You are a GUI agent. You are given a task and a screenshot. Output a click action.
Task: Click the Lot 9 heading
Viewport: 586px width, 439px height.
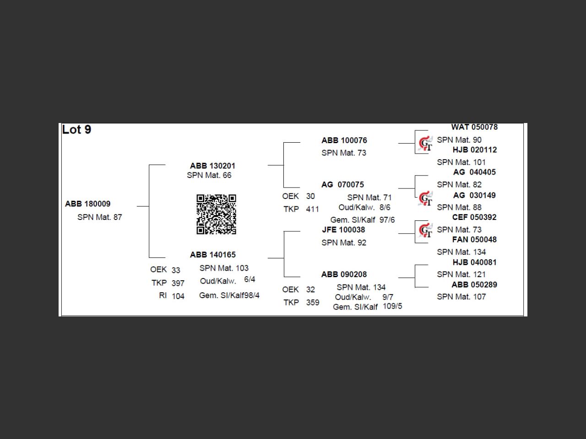coord(76,130)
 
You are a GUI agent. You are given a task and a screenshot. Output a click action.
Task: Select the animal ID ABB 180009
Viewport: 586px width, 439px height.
coord(88,204)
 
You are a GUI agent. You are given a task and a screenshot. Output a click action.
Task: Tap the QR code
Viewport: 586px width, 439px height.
coord(216,214)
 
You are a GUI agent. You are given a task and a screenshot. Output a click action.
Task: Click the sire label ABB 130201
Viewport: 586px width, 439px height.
coord(212,166)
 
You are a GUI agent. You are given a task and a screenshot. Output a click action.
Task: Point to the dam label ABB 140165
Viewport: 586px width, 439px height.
coord(213,255)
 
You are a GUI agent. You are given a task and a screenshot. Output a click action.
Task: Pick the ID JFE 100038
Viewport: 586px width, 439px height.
coord(343,230)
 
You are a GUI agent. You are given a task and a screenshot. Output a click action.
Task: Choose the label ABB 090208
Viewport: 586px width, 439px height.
coord(344,274)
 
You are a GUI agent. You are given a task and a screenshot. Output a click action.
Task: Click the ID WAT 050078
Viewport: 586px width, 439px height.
coord(474,127)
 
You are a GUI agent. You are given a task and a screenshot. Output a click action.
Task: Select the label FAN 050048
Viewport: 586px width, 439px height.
coord(474,239)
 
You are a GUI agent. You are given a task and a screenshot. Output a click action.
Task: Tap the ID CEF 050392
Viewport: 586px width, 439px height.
coord(474,217)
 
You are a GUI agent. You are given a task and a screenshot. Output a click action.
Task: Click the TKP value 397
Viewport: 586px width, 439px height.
coord(178,283)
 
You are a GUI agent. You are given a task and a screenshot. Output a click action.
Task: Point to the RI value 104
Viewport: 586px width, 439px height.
coord(178,296)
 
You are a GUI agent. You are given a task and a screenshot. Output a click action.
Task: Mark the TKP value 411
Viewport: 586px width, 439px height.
coord(312,209)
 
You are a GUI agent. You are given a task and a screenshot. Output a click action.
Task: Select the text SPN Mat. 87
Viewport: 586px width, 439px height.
coord(100,217)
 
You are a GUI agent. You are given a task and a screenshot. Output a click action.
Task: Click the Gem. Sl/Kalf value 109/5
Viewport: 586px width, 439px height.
coord(392,306)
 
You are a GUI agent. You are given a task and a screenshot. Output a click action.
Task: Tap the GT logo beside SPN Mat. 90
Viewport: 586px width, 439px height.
coord(425,144)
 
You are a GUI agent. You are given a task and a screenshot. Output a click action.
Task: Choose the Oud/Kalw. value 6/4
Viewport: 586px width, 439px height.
coord(250,279)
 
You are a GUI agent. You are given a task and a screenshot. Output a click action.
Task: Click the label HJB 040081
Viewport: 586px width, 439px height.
coord(474,262)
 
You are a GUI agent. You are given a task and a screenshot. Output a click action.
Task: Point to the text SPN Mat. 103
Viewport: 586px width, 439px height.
coord(224,268)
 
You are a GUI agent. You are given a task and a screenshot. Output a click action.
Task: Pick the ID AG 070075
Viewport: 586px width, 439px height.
coord(342,185)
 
